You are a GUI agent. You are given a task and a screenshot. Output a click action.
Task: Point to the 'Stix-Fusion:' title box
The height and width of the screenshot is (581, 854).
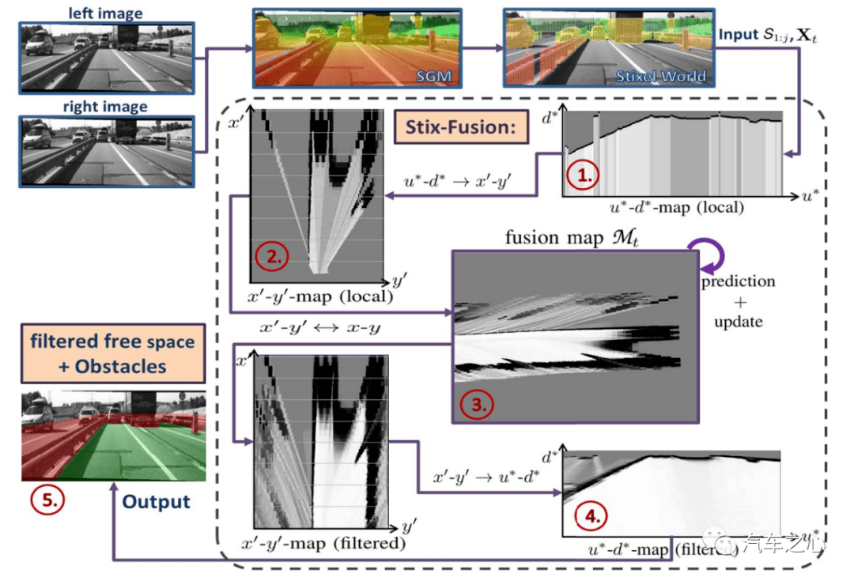click(x=460, y=126)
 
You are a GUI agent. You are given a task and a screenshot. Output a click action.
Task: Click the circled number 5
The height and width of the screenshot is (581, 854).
click(x=42, y=501)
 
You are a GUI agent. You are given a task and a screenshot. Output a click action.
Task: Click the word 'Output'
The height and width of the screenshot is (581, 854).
click(x=156, y=502)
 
